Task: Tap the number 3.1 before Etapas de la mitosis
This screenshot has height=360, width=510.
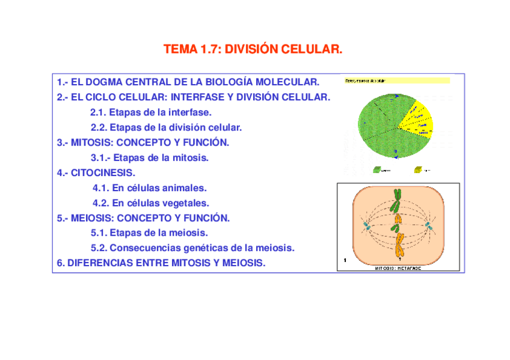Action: coord(100,158)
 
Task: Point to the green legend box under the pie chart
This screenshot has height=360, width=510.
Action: coord(377,170)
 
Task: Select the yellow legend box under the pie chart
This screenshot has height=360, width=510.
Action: coord(418,170)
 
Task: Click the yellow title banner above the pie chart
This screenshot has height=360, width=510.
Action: coord(396,80)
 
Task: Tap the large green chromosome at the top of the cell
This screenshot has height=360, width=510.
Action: coord(397,201)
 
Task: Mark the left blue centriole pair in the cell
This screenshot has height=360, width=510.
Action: coord(366,226)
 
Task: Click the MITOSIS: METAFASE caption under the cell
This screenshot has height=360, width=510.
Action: coord(398,267)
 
